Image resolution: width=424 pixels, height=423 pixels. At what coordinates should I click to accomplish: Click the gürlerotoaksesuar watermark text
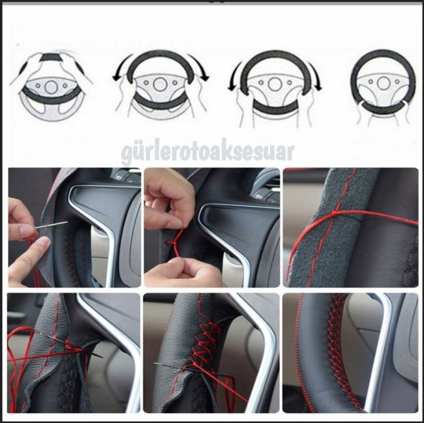coord(208,153)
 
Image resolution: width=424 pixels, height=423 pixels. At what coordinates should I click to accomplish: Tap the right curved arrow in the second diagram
coord(201,67)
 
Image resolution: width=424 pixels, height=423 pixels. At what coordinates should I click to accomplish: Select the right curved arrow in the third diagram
coord(315,77)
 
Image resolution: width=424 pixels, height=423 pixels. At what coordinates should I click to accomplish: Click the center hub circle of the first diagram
coord(51,87)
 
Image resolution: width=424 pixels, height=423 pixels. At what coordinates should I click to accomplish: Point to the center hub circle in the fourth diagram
coord(383,83)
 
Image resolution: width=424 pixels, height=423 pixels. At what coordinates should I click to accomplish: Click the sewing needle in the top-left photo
coord(52,225)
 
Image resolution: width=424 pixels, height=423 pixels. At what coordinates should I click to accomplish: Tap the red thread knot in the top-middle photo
coord(171,243)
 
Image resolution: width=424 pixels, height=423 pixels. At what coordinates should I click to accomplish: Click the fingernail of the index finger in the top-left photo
coord(26,230)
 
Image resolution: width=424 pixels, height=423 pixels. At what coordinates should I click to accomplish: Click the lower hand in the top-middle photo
coord(183,273)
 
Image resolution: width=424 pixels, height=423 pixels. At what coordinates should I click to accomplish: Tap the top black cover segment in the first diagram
coord(52,57)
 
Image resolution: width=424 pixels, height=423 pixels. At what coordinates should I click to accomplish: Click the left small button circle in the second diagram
coord(146,82)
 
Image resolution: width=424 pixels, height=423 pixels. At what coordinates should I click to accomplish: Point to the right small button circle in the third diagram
coord(289,82)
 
